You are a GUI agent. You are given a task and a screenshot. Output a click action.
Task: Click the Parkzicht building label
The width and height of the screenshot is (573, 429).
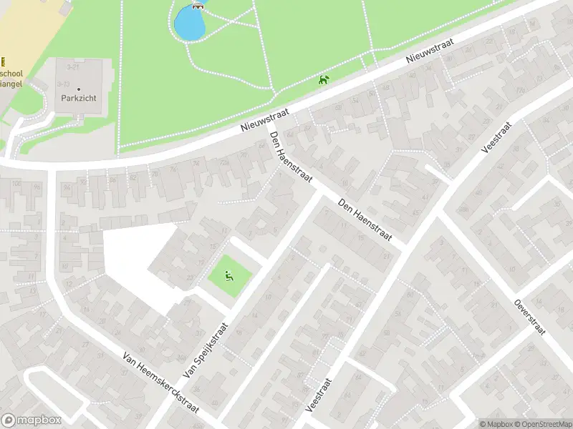(x=79, y=98)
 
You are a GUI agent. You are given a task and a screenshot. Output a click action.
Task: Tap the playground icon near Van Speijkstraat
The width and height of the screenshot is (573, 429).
(x=229, y=275)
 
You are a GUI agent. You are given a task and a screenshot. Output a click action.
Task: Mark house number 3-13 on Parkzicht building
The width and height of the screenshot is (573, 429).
(x=63, y=84)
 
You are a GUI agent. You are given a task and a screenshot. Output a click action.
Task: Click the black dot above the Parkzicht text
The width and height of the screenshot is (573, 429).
(x=79, y=89)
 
